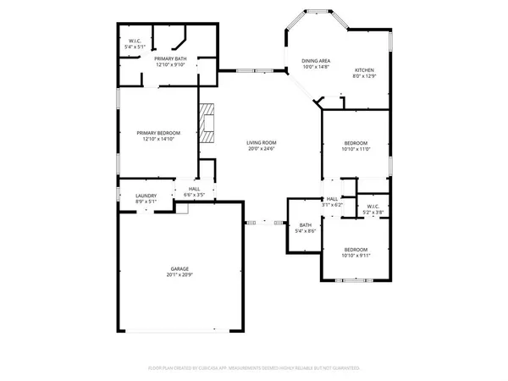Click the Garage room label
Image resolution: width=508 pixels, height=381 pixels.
[x=178, y=269]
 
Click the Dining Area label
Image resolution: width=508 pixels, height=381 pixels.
[x=317, y=61]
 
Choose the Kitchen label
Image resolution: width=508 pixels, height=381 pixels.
[x=363, y=70]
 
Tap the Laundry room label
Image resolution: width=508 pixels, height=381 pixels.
[x=146, y=196]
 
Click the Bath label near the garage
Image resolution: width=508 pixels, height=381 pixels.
[x=305, y=224]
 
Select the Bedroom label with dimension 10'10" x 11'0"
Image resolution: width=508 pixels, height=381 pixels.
[x=356, y=142]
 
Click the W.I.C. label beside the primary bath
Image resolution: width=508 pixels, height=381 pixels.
[x=135, y=41]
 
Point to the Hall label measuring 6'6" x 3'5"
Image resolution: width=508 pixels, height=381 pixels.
[x=194, y=189]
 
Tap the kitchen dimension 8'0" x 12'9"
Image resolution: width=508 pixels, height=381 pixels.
[x=363, y=76]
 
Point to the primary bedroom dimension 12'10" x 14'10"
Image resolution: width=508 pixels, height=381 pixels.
[x=159, y=139]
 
